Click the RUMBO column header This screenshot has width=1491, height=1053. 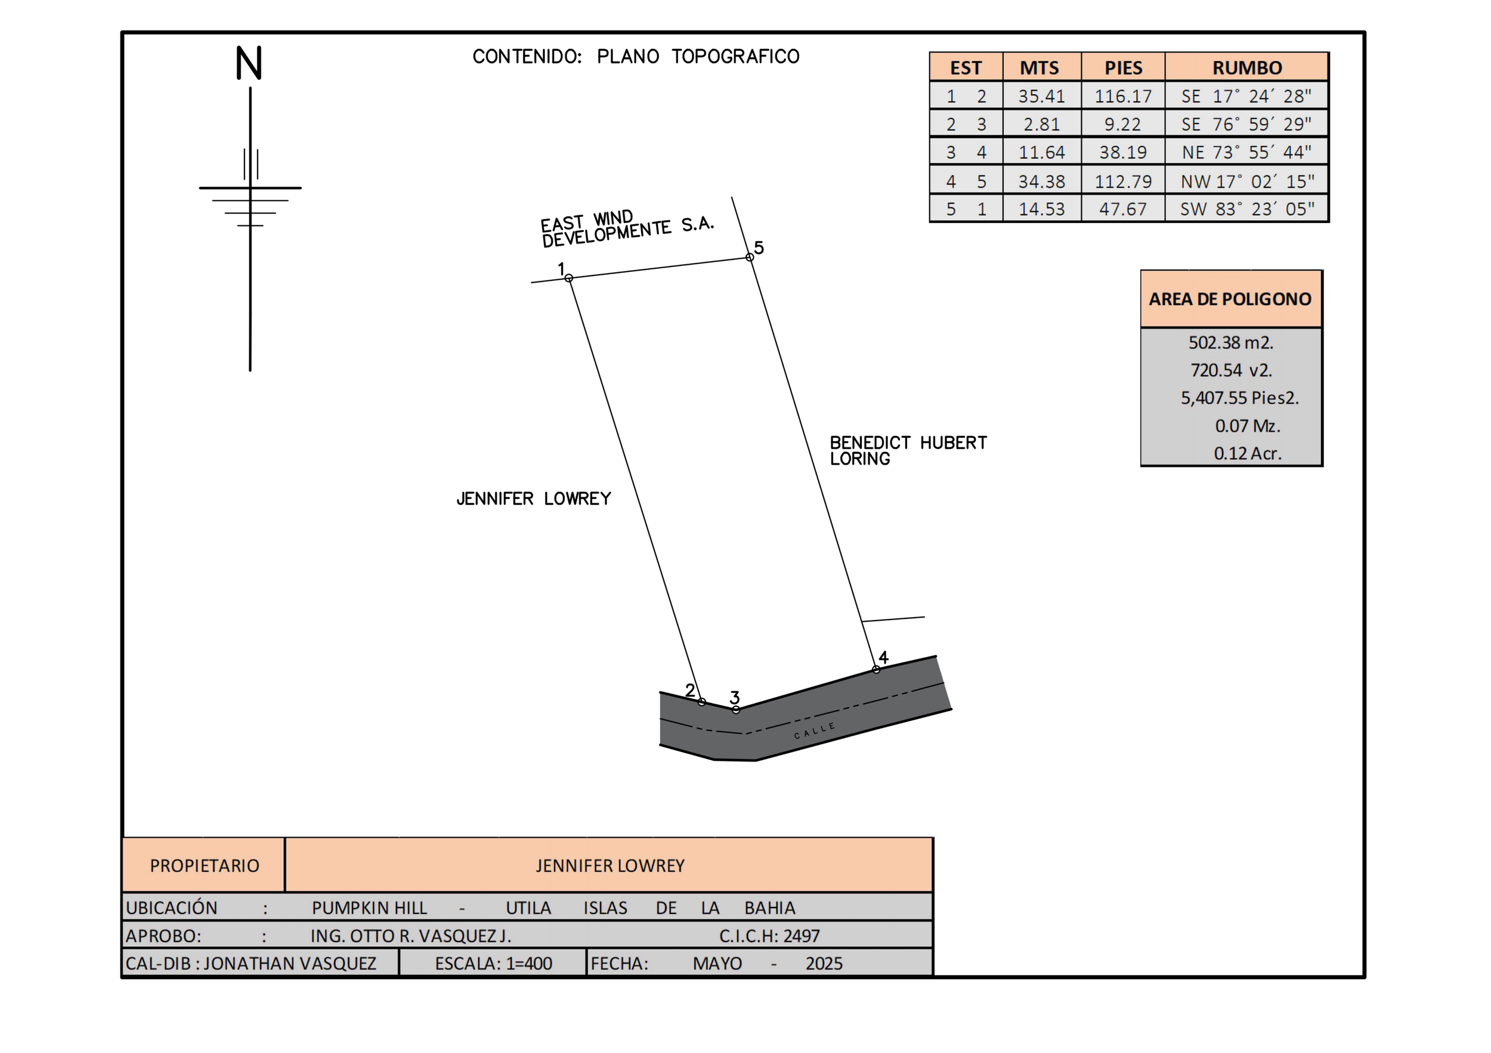[1246, 67]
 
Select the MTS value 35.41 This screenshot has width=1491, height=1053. [1041, 96]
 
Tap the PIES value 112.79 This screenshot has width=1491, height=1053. [1123, 181]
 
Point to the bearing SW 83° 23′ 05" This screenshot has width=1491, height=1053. [1247, 209]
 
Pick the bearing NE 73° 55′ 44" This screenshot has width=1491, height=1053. [1246, 153]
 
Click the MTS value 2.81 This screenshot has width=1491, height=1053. [1041, 124]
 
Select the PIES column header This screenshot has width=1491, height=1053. [1123, 67]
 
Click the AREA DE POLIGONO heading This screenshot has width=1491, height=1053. [1230, 299]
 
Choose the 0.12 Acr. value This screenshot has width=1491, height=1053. [1247, 453]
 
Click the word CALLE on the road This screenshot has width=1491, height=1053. [814, 730]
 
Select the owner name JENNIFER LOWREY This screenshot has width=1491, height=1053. [609, 865]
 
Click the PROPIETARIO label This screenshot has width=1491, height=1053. [204, 865]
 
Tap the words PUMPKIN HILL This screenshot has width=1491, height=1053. [369, 908]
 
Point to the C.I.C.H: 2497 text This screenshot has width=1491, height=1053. [769, 936]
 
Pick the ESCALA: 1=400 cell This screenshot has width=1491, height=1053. [493, 964]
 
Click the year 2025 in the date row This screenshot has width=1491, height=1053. [824, 964]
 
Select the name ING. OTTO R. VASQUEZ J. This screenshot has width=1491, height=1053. [410, 936]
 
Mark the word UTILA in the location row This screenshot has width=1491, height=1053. [528, 908]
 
